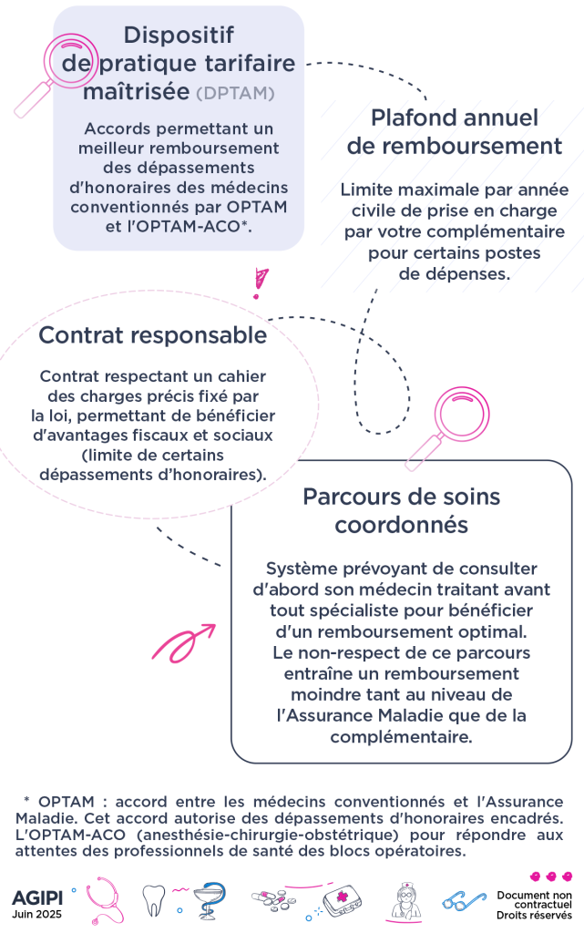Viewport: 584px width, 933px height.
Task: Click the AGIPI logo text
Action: click(36, 897)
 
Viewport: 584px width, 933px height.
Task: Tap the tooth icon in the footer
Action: click(153, 899)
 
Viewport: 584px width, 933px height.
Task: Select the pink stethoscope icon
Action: click(105, 900)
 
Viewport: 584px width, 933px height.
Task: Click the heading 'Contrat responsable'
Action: click(153, 335)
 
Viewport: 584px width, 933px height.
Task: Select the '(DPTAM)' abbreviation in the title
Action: click(235, 94)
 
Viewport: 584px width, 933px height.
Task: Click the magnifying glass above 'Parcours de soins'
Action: click(448, 427)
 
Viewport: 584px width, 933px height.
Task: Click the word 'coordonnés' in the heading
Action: click(402, 525)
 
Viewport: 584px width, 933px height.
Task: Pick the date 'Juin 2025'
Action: click(36, 915)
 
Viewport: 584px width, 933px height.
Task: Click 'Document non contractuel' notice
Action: click(535, 899)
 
